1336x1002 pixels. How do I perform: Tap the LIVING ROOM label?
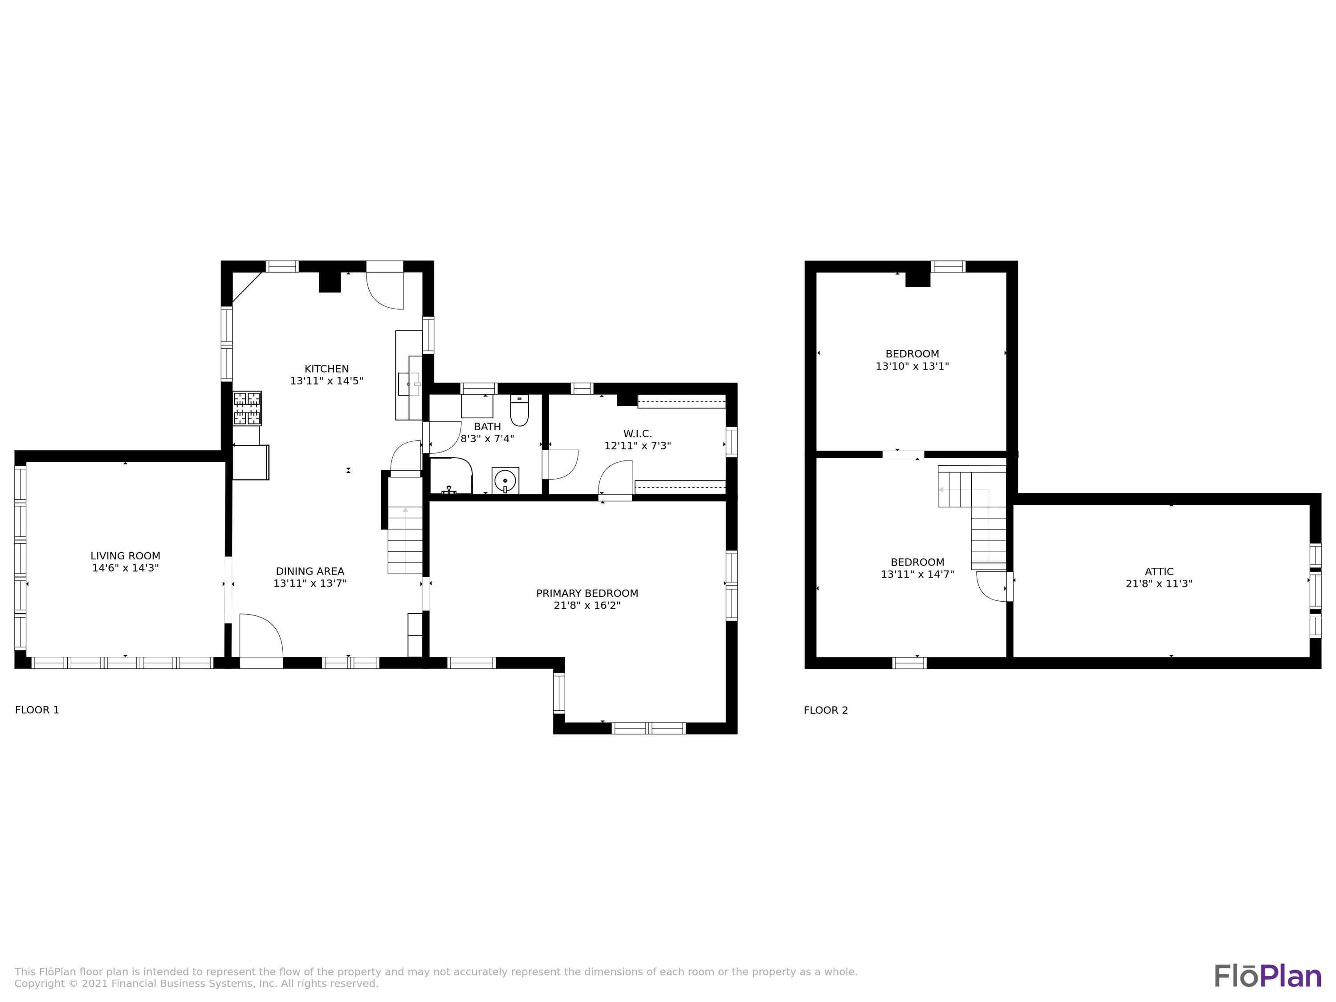[126, 556]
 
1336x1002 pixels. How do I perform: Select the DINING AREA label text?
[310, 571]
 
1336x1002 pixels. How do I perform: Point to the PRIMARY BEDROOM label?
[587, 594]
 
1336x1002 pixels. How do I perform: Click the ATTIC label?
[1159, 572]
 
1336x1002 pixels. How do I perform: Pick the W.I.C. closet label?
[638, 434]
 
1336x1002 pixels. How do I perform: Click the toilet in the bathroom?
[519, 411]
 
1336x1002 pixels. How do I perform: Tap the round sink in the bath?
[505, 481]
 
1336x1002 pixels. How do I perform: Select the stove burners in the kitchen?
[247, 408]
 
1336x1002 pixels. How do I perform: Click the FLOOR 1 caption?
[37, 710]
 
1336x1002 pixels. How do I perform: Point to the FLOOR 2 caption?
[826, 710]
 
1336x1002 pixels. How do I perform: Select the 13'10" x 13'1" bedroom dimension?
[912, 366]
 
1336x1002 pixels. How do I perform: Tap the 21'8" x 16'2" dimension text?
[587, 606]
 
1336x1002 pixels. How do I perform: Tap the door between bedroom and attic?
[992, 587]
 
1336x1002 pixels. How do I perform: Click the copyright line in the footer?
[196, 983]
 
